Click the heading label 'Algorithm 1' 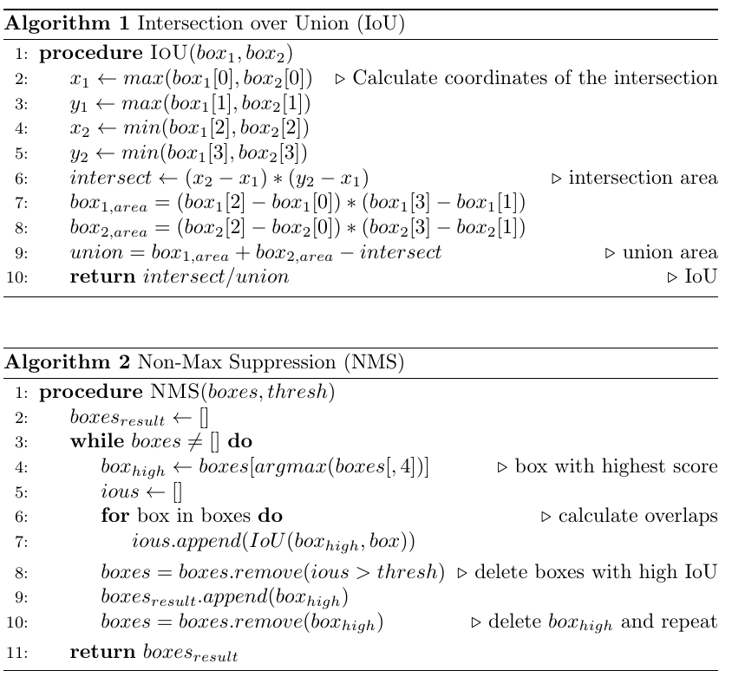56,25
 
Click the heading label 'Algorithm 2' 56,364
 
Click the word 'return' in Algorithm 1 95,277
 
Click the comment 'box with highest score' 616,466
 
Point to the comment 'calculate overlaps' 637,517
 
